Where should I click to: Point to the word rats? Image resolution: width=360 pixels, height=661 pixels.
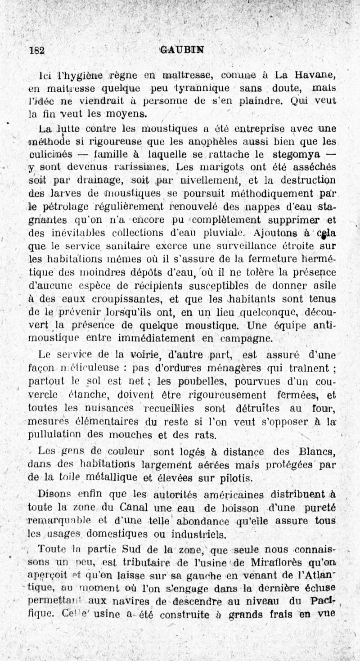point(207,436)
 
